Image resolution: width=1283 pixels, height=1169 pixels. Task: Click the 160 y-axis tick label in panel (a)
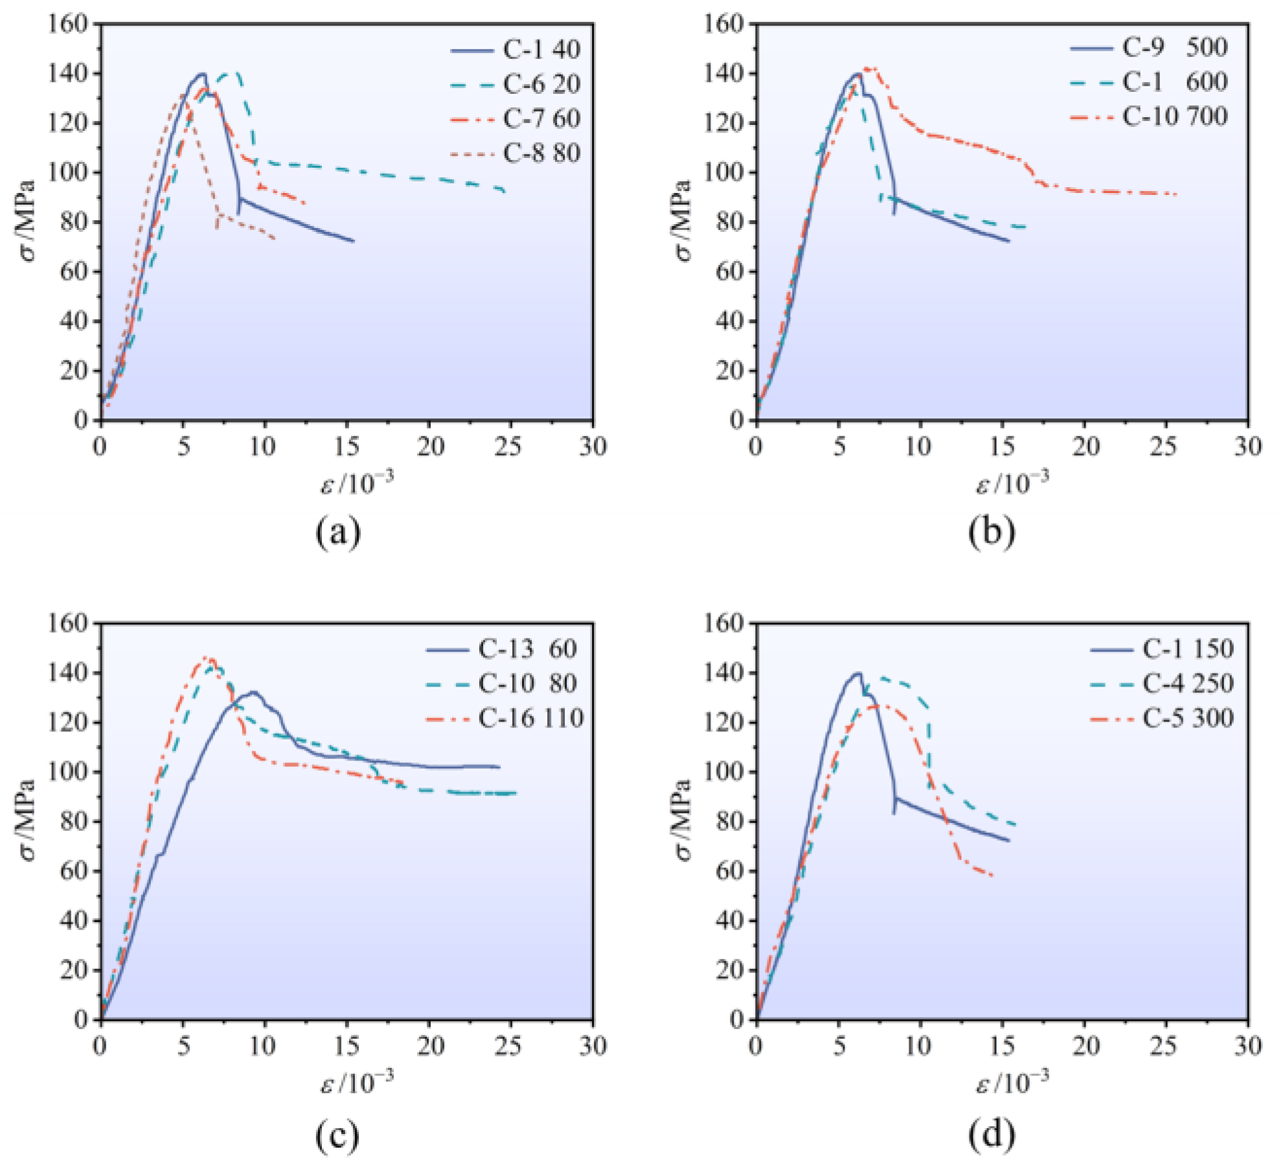click(67, 24)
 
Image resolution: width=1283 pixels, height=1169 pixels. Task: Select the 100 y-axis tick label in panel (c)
click(67, 772)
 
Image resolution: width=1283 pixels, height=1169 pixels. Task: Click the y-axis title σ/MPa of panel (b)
click(684, 222)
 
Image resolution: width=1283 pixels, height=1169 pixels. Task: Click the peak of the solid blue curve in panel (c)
click(253, 692)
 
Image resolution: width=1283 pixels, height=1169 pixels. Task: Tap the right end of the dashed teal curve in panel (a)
click(505, 192)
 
